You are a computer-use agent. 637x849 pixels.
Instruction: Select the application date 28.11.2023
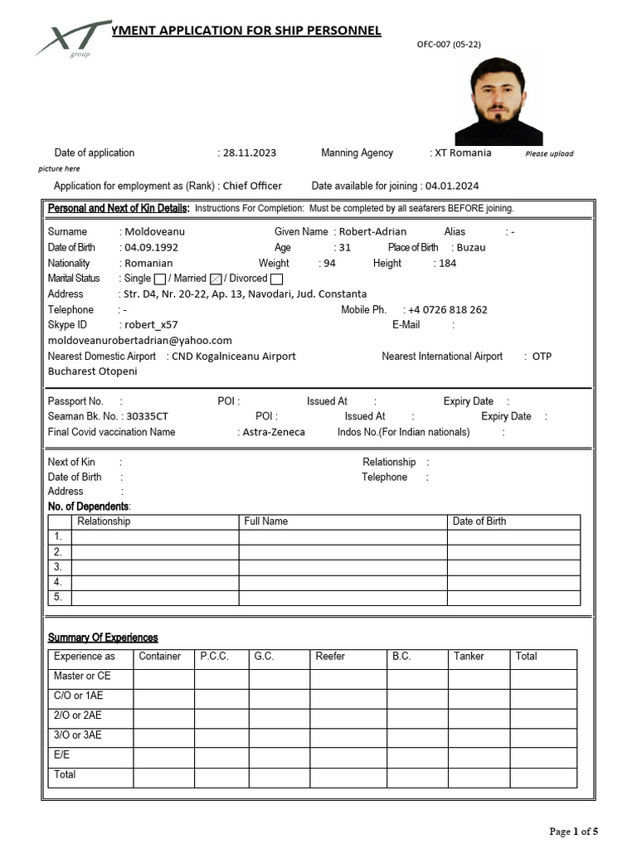[250, 153]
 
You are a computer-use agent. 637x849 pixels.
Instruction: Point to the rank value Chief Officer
[252, 186]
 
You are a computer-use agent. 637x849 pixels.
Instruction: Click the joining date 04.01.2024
[452, 186]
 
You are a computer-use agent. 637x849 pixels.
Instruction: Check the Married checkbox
[216, 279]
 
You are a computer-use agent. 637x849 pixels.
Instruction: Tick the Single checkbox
[160, 279]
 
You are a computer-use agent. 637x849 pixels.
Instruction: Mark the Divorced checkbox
[276, 279]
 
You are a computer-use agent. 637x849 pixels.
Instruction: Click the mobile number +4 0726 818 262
[447, 310]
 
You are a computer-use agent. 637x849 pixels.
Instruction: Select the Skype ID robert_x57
[150, 325]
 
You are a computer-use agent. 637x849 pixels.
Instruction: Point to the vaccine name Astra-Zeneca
[274, 432]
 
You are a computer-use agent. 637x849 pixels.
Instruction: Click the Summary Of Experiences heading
[103, 638]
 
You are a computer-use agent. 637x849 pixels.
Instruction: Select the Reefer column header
[330, 656]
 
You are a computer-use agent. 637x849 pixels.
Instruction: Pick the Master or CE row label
[82, 676]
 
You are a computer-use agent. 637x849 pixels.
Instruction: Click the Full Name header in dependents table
[266, 522]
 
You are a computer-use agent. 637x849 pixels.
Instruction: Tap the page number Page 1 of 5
[573, 831]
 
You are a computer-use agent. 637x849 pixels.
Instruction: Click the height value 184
[448, 264]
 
